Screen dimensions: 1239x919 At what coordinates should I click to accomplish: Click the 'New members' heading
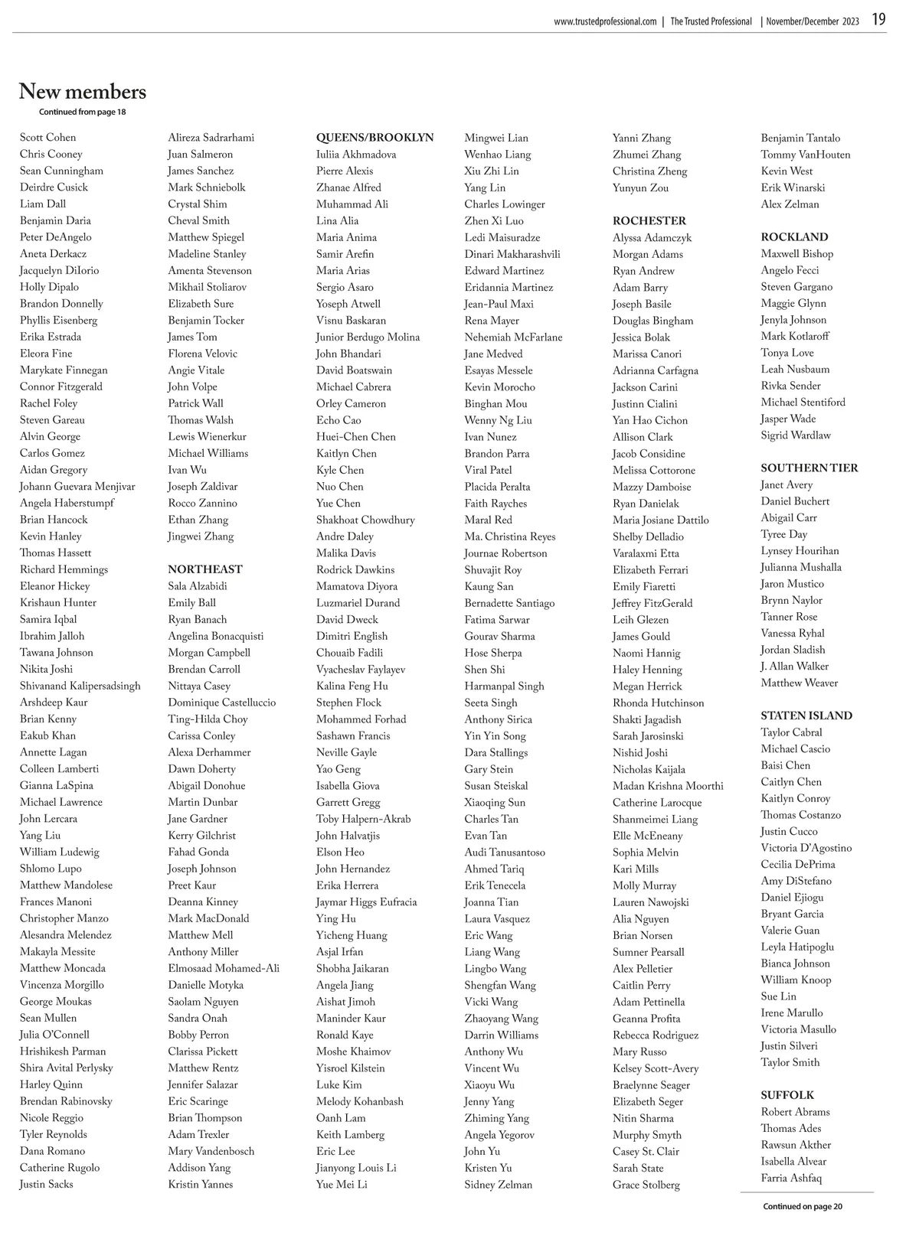pyautogui.click(x=83, y=92)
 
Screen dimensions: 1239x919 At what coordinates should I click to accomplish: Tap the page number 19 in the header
pyautogui.click(x=878, y=20)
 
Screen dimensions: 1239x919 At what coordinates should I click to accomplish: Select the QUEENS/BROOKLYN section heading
pyautogui.click(x=374, y=138)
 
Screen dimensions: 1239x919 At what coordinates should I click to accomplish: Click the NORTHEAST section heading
pyautogui.click(x=205, y=569)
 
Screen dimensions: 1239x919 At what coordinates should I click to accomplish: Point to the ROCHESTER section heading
pyautogui.click(x=649, y=220)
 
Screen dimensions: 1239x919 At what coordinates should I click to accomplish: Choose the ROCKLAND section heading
pyautogui.click(x=794, y=237)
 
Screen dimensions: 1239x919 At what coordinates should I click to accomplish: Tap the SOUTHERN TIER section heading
pyautogui.click(x=809, y=468)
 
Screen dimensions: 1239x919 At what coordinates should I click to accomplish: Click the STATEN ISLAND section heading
pyautogui.click(x=806, y=716)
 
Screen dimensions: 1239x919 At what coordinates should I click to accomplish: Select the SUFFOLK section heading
pyautogui.click(x=787, y=1095)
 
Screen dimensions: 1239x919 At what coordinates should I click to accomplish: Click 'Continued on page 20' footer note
pyautogui.click(x=803, y=1207)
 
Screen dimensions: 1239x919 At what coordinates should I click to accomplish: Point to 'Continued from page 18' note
pyautogui.click(x=83, y=112)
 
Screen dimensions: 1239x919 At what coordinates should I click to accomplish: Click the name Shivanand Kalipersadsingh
pyautogui.click(x=80, y=686)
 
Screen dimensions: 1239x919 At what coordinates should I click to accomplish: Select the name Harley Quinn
pyautogui.click(x=51, y=1084)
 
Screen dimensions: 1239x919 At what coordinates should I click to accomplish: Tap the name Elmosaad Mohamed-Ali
pyautogui.click(x=224, y=968)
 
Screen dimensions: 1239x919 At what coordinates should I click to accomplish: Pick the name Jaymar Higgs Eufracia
pyautogui.click(x=366, y=902)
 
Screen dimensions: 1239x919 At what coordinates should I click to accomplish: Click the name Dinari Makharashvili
pyautogui.click(x=512, y=254)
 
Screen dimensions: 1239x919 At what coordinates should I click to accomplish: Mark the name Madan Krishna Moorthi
pyautogui.click(x=668, y=786)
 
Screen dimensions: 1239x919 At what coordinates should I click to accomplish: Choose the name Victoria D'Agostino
pyautogui.click(x=806, y=848)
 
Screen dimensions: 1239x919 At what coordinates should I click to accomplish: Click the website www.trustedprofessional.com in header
pyautogui.click(x=605, y=21)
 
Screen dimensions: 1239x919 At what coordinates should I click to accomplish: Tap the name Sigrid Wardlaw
pyautogui.click(x=796, y=435)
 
